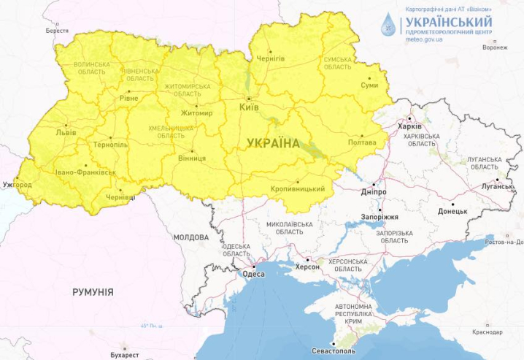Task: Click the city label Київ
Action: pyautogui.click(x=249, y=108)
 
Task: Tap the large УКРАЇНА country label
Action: pyautogui.click(x=273, y=143)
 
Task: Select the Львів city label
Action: pyautogui.click(x=65, y=134)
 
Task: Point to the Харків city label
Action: pyautogui.click(x=409, y=126)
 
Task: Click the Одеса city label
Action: pyautogui.click(x=253, y=275)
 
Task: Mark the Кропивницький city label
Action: pyautogui.click(x=298, y=189)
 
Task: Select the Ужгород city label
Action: pyautogui.click(x=17, y=185)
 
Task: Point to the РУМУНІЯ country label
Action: pyautogui.click(x=93, y=292)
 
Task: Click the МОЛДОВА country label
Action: pyautogui.click(x=191, y=238)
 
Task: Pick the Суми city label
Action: pyautogui.click(x=369, y=85)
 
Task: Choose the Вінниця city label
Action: pyautogui.click(x=192, y=158)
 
